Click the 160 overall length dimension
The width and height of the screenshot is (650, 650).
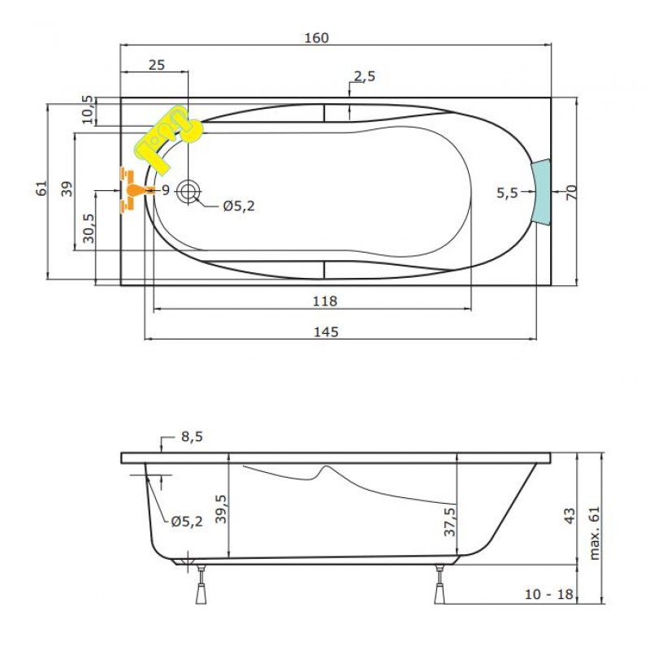point(317,37)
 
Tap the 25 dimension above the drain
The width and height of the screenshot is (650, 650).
point(157,65)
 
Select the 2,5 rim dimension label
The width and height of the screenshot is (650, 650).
point(365,76)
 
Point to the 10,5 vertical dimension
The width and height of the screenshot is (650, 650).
point(88,110)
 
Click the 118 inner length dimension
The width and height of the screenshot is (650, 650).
point(325,301)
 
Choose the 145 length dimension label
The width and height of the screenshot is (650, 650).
point(326,331)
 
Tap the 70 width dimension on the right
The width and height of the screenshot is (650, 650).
point(571,193)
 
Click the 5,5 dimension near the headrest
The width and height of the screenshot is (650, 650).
point(507,193)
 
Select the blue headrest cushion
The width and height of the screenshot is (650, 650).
point(541,192)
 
